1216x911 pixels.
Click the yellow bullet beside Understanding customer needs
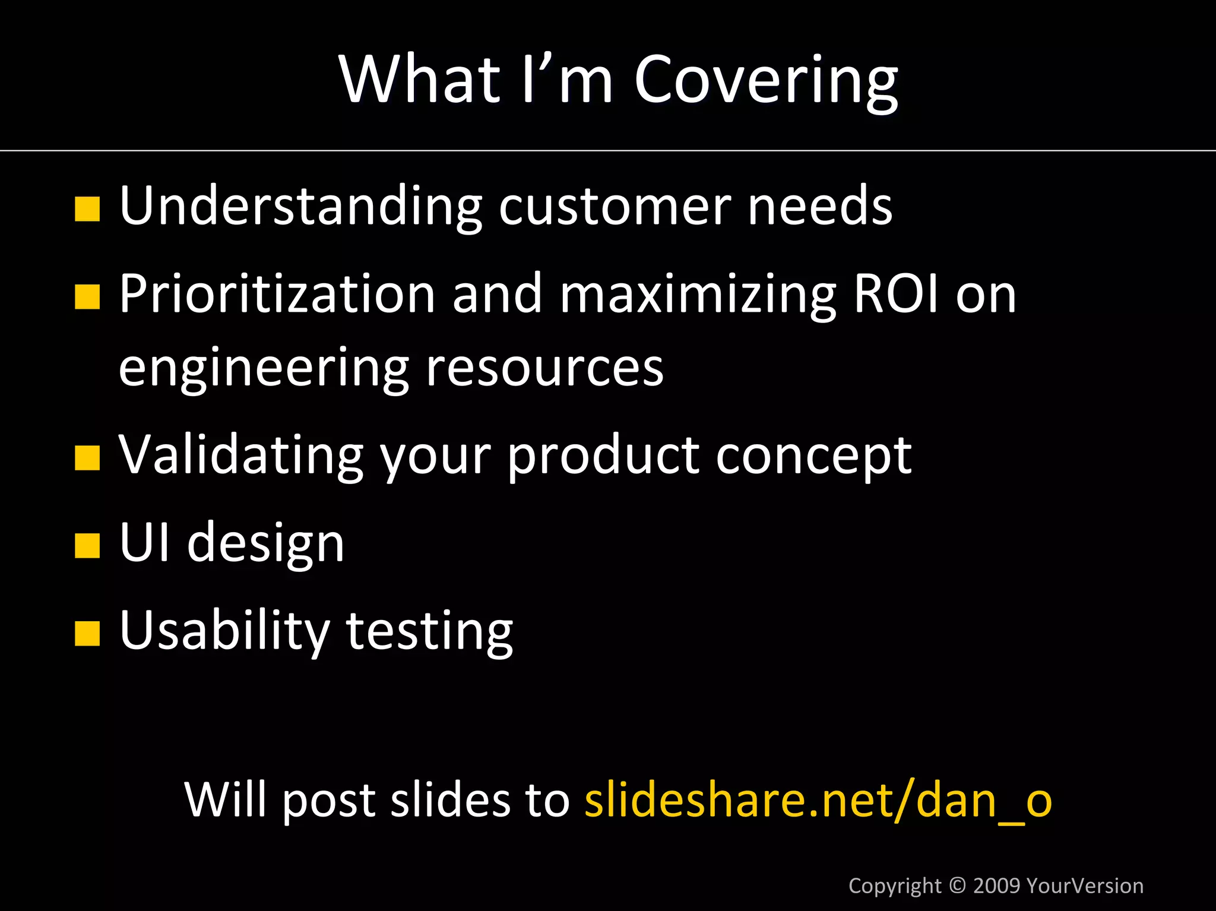pyautogui.click(x=87, y=209)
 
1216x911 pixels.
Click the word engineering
pyautogui.click(x=264, y=368)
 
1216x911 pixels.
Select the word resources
pyautogui.click(x=544, y=368)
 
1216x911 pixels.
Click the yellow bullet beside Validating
pyautogui.click(x=87, y=458)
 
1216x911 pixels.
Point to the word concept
pyautogui.click(x=813, y=455)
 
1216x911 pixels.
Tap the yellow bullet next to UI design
pyautogui.click(x=87, y=546)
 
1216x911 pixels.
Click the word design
pyautogui.click(x=265, y=543)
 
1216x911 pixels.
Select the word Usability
pyautogui.click(x=224, y=630)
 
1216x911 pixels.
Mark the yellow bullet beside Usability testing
pyautogui.click(x=87, y=633)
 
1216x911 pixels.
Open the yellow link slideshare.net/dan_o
pyautogui.click(x=818, y=799)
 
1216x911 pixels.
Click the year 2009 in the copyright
pyautogui.click(x=997, y=885)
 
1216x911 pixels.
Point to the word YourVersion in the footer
pyautogui.click(x=1085, y=885)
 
